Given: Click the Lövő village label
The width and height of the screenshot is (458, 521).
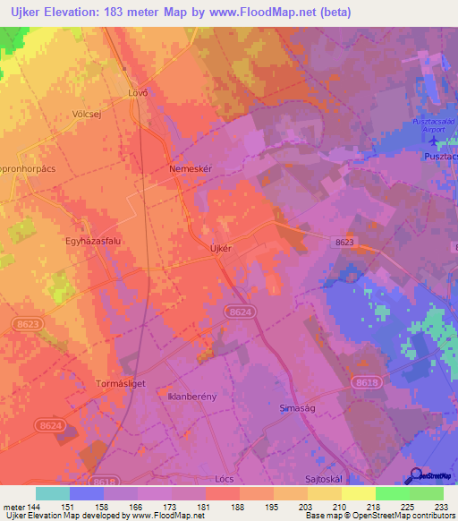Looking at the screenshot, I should point(138,93).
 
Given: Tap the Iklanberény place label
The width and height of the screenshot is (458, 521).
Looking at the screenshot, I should point(192,395).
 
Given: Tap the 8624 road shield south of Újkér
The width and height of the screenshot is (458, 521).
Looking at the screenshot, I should point(240,311).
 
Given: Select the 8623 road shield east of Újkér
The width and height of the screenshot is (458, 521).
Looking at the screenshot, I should point(344,242).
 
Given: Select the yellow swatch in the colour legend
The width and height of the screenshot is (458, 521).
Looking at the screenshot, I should point(359,493).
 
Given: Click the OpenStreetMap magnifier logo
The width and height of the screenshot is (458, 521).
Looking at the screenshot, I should point(416,476).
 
